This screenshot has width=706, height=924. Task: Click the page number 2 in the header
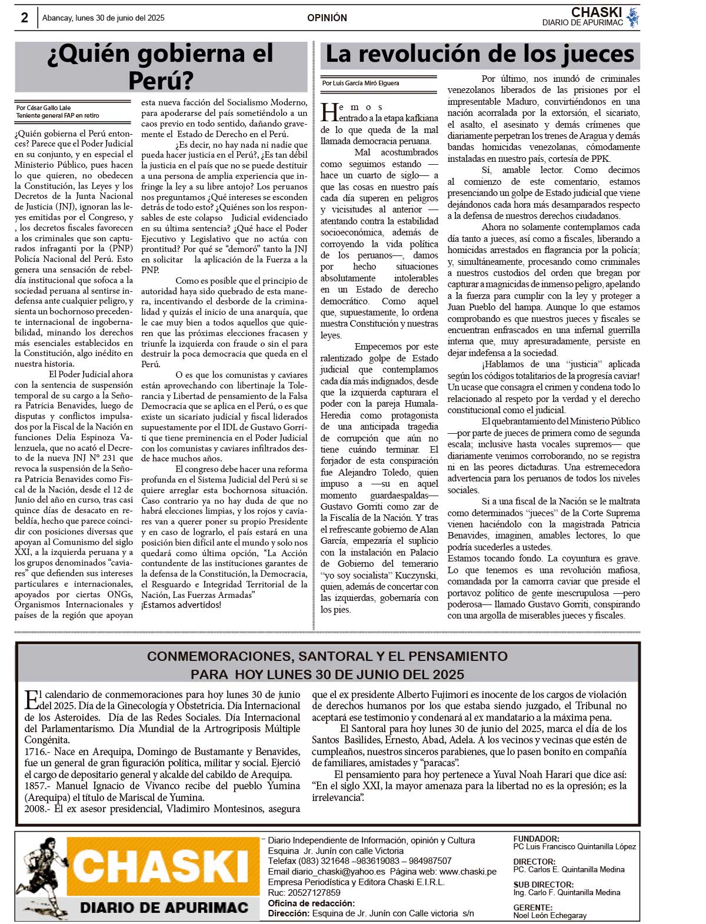(x=24, y=18)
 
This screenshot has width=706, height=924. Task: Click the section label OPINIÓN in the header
(x=327, y=18)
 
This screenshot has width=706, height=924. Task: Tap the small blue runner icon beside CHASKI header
(x=632, y=17)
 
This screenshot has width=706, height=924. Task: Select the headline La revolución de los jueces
(x=479, y=55)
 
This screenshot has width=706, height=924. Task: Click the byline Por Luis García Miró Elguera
(x=361, y=83)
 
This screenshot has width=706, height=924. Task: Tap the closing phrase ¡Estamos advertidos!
(x=181, y=605)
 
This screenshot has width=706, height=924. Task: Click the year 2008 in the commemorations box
(x=36, y=809)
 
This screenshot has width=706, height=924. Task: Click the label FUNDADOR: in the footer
(x=536, y=839)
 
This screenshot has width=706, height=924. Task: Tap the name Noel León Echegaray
(x=550, y=915)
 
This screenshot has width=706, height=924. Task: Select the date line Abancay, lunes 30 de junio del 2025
(x=104, y=18)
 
